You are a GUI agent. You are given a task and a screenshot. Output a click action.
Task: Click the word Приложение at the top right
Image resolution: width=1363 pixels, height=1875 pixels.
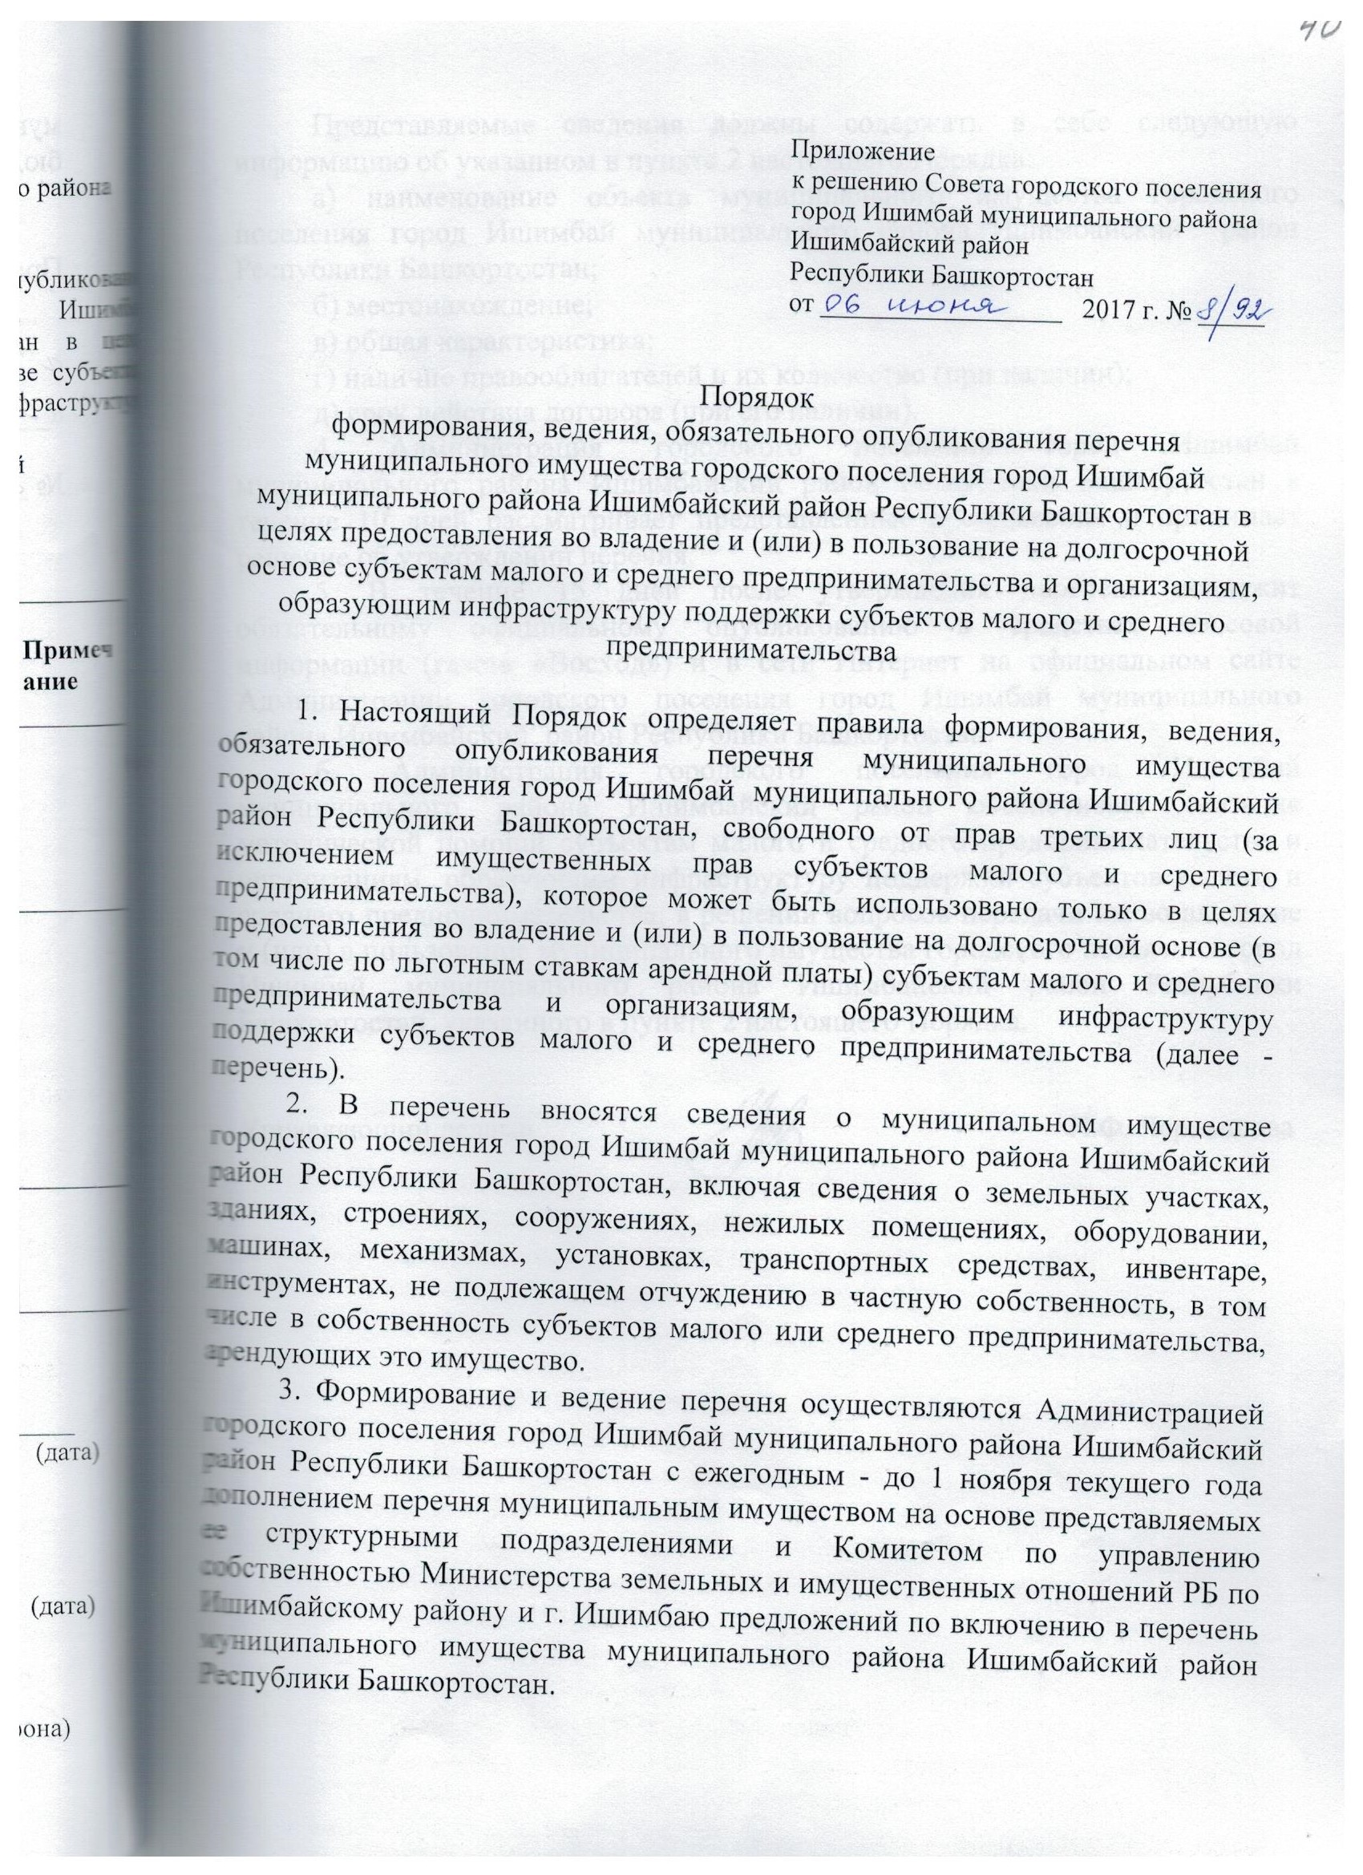pos(864,153)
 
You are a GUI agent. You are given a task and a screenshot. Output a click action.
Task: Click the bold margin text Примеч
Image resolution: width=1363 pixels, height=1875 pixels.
pos(71,650)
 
